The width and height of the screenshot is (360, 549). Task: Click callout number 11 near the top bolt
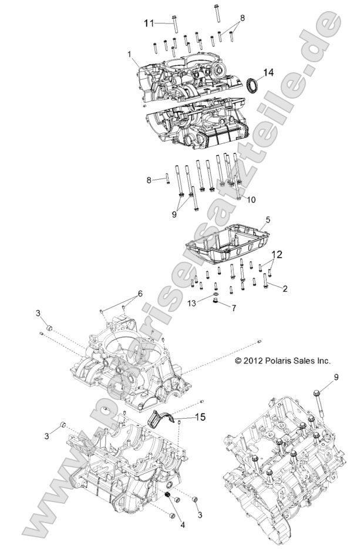[x=150, y=23]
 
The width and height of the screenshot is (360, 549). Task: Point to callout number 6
[x=140, y=292]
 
